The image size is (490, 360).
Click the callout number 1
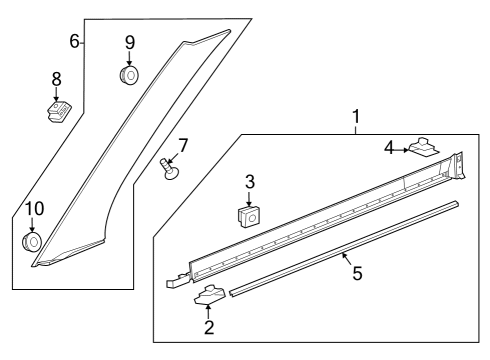(x=354, y=119)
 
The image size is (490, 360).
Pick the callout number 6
(x=74, y=41)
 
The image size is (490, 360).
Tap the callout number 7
(x=183, y=145)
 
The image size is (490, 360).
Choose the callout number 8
(x=57, y=77)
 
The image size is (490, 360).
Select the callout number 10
(x=33, y=209)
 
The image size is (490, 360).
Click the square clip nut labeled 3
(x=249, y=215)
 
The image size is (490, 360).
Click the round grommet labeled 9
(x=129, y=75)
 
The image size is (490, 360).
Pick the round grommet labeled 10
(x=33, y=241)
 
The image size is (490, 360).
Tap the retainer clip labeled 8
(x=60, y=108)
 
